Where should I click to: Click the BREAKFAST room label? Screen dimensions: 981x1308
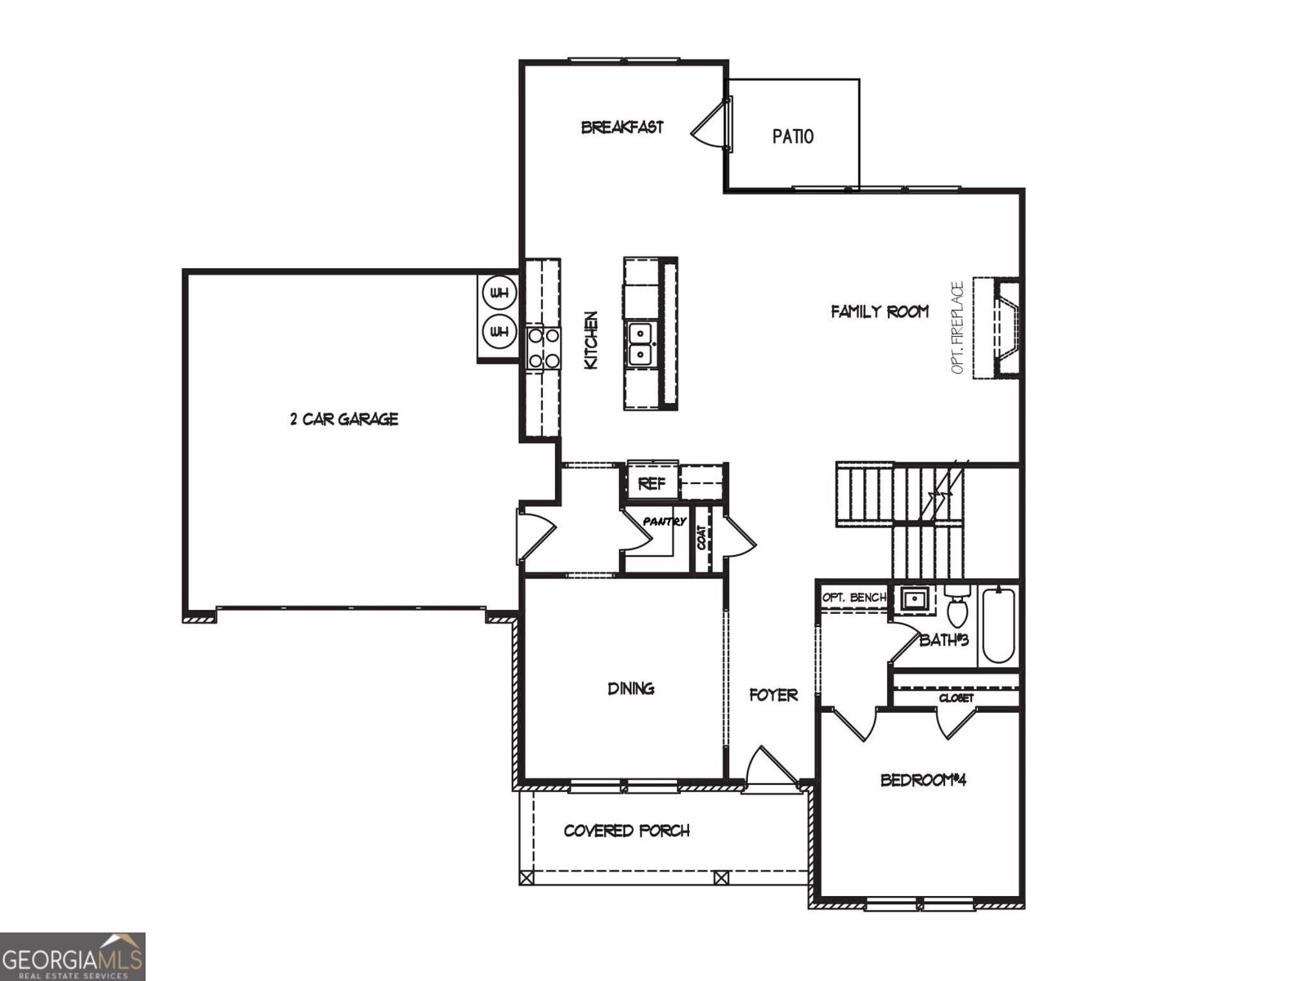622,128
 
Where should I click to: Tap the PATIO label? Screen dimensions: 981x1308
793,137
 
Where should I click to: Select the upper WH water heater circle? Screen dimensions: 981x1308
499,292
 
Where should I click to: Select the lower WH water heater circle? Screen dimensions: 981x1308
499,332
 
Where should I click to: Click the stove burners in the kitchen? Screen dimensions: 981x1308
544,347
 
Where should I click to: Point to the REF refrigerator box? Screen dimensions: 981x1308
652,483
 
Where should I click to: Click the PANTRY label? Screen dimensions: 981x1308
664,522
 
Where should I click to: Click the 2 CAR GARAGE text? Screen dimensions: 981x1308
344,419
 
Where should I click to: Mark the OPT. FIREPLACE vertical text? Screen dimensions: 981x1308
958,328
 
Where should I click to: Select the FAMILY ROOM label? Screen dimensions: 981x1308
880,311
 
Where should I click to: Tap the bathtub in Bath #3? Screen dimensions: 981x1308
998,625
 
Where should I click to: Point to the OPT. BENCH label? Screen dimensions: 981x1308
853,598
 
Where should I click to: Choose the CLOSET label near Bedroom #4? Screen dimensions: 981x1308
956,698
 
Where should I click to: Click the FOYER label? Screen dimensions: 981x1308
773,696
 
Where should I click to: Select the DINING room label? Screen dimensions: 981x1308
630,688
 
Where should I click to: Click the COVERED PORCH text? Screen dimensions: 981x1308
626,831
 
